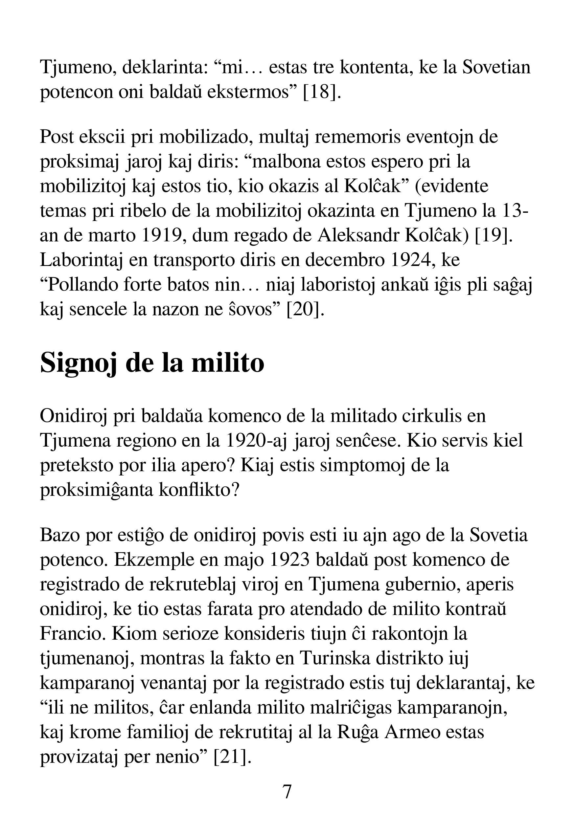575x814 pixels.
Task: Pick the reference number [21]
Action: (233, 757)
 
